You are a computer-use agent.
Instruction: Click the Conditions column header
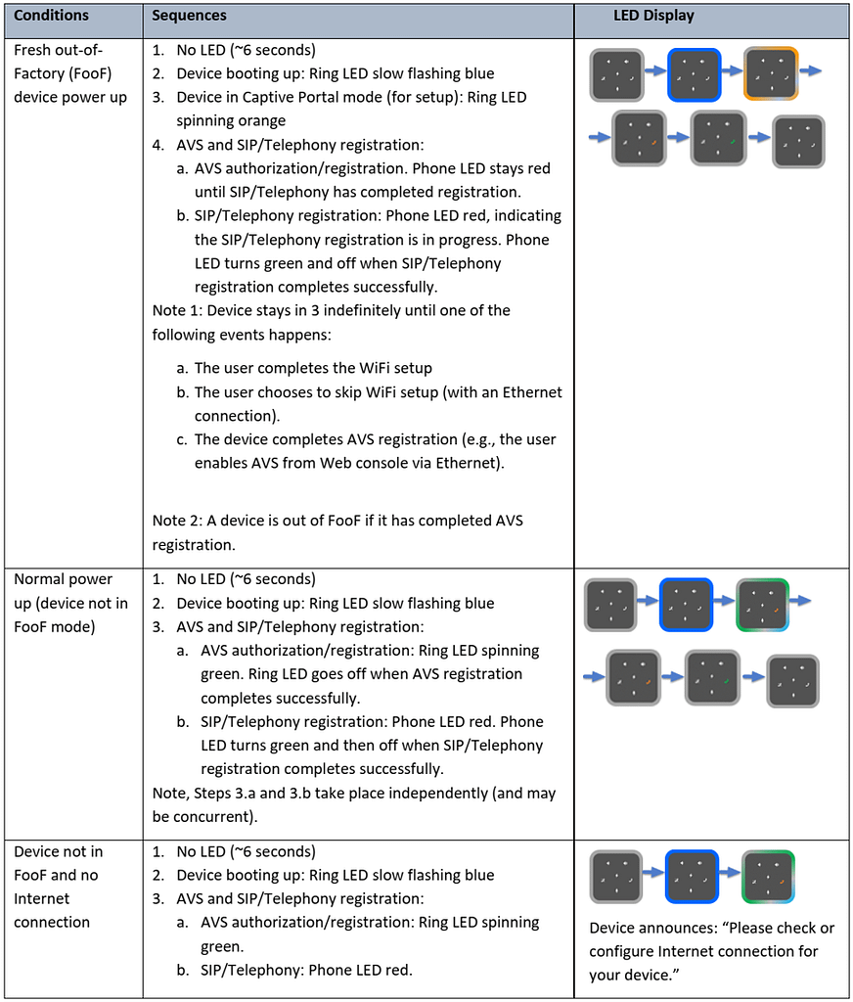tap(51, 16)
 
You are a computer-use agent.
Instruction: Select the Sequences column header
tap(189, 16)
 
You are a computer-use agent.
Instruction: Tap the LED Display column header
tap(653, 16)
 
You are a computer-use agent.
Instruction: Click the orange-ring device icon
tap(771, 74)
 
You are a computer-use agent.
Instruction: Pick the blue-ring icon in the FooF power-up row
tap(695, 74)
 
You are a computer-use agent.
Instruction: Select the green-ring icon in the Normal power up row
tap(762, 605)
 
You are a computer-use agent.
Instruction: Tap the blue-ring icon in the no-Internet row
tap(692, 876)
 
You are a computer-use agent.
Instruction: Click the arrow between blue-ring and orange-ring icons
tap(733, 70)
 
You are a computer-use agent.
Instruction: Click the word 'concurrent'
tap(213, 817)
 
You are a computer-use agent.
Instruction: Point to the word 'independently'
tap(438, 794)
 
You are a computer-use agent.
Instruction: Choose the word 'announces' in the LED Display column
tap(678, 929)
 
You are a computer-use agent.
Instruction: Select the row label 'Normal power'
tap(63, 579)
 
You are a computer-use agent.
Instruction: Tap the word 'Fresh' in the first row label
tap(30, 51)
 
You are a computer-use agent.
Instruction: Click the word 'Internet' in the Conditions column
tap(41, 899)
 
